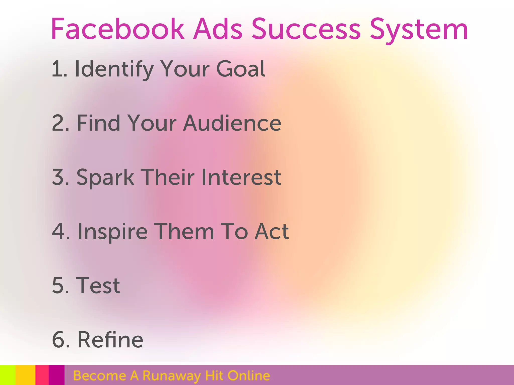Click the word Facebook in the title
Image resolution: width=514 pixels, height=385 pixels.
point(117,29)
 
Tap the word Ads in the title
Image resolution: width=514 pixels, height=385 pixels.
point(218,29)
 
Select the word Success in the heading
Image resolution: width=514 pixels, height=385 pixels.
point(306,29)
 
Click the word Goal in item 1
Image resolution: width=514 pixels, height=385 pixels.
point(240,69)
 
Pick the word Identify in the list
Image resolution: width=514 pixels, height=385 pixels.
point(114,69)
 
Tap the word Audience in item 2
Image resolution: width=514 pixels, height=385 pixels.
point(232,123)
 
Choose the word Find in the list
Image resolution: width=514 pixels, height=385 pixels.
point(98,123)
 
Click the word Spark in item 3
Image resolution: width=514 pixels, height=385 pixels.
point(105,177)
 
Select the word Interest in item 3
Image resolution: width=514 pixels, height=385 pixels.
point(241,177)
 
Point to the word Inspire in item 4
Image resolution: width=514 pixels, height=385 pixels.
point(112,232)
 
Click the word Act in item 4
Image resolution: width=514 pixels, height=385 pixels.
point(272,231)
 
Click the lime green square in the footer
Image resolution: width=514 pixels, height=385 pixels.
point(8,375)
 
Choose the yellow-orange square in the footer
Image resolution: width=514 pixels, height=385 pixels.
point(25,375)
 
